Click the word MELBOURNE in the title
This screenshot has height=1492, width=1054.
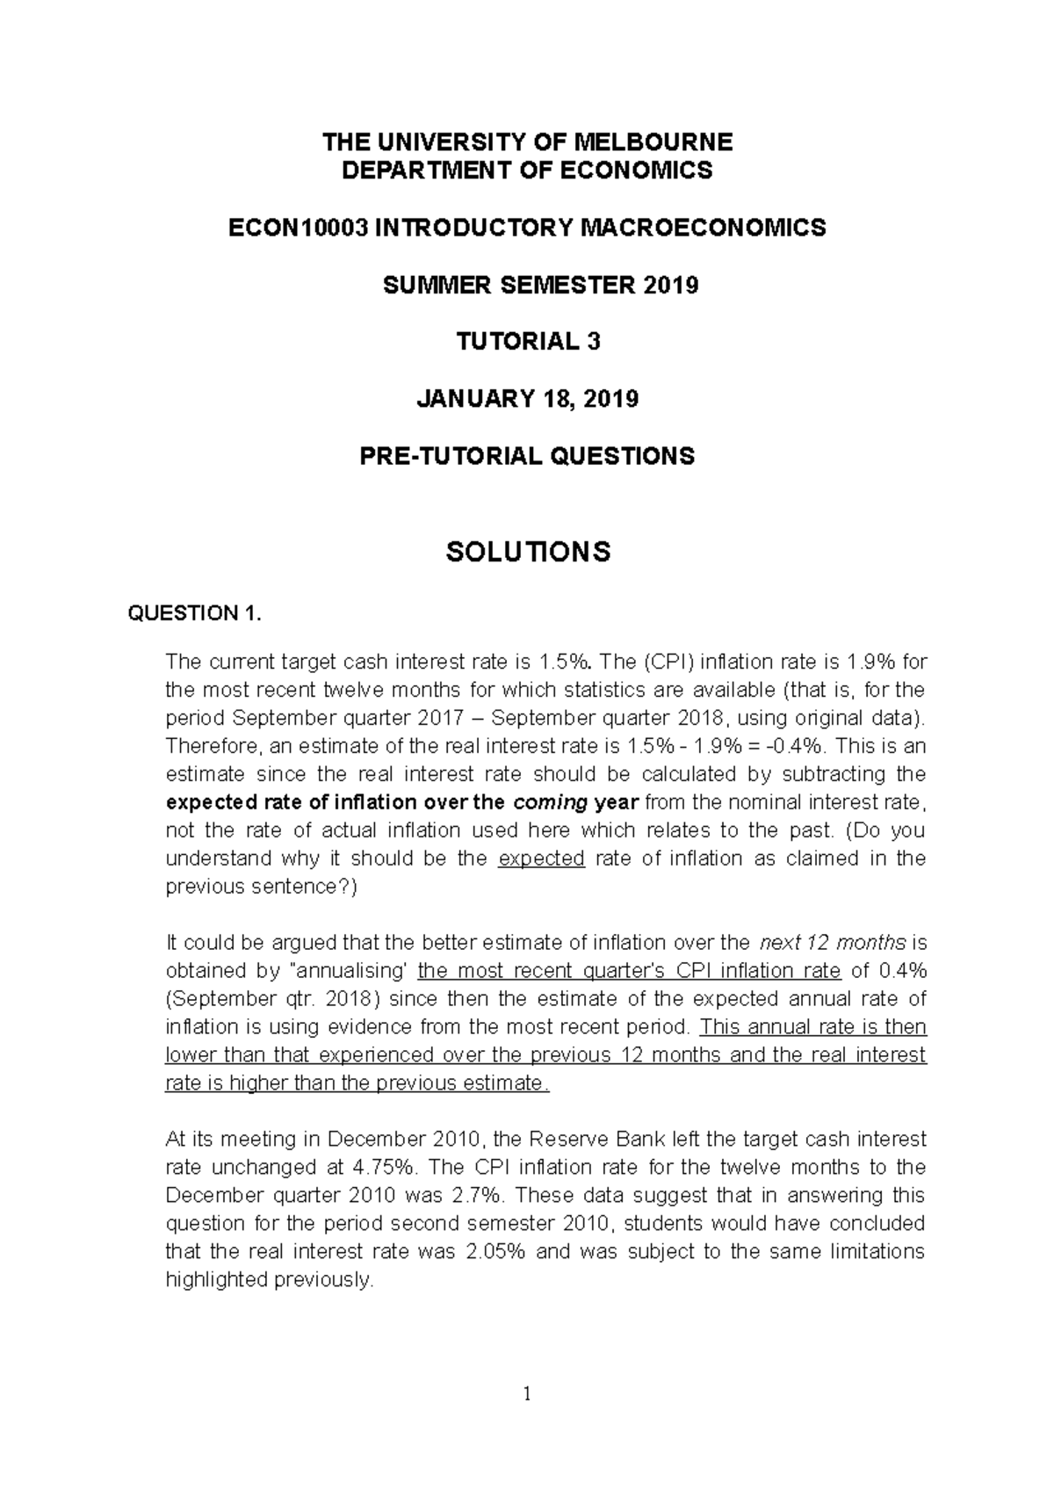(653, 141)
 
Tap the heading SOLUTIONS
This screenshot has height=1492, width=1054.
(527, 552)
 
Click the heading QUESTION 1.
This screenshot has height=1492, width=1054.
(195, 613)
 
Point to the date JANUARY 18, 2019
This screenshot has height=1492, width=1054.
(527, 399)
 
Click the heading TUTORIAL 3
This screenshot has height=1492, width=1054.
(527, 342)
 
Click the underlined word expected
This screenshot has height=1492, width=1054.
(541, 858)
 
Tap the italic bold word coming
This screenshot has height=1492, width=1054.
(550, 802)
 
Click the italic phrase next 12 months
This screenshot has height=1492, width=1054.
(832, 943)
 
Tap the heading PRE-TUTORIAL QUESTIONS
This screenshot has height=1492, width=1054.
(527, 456)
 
